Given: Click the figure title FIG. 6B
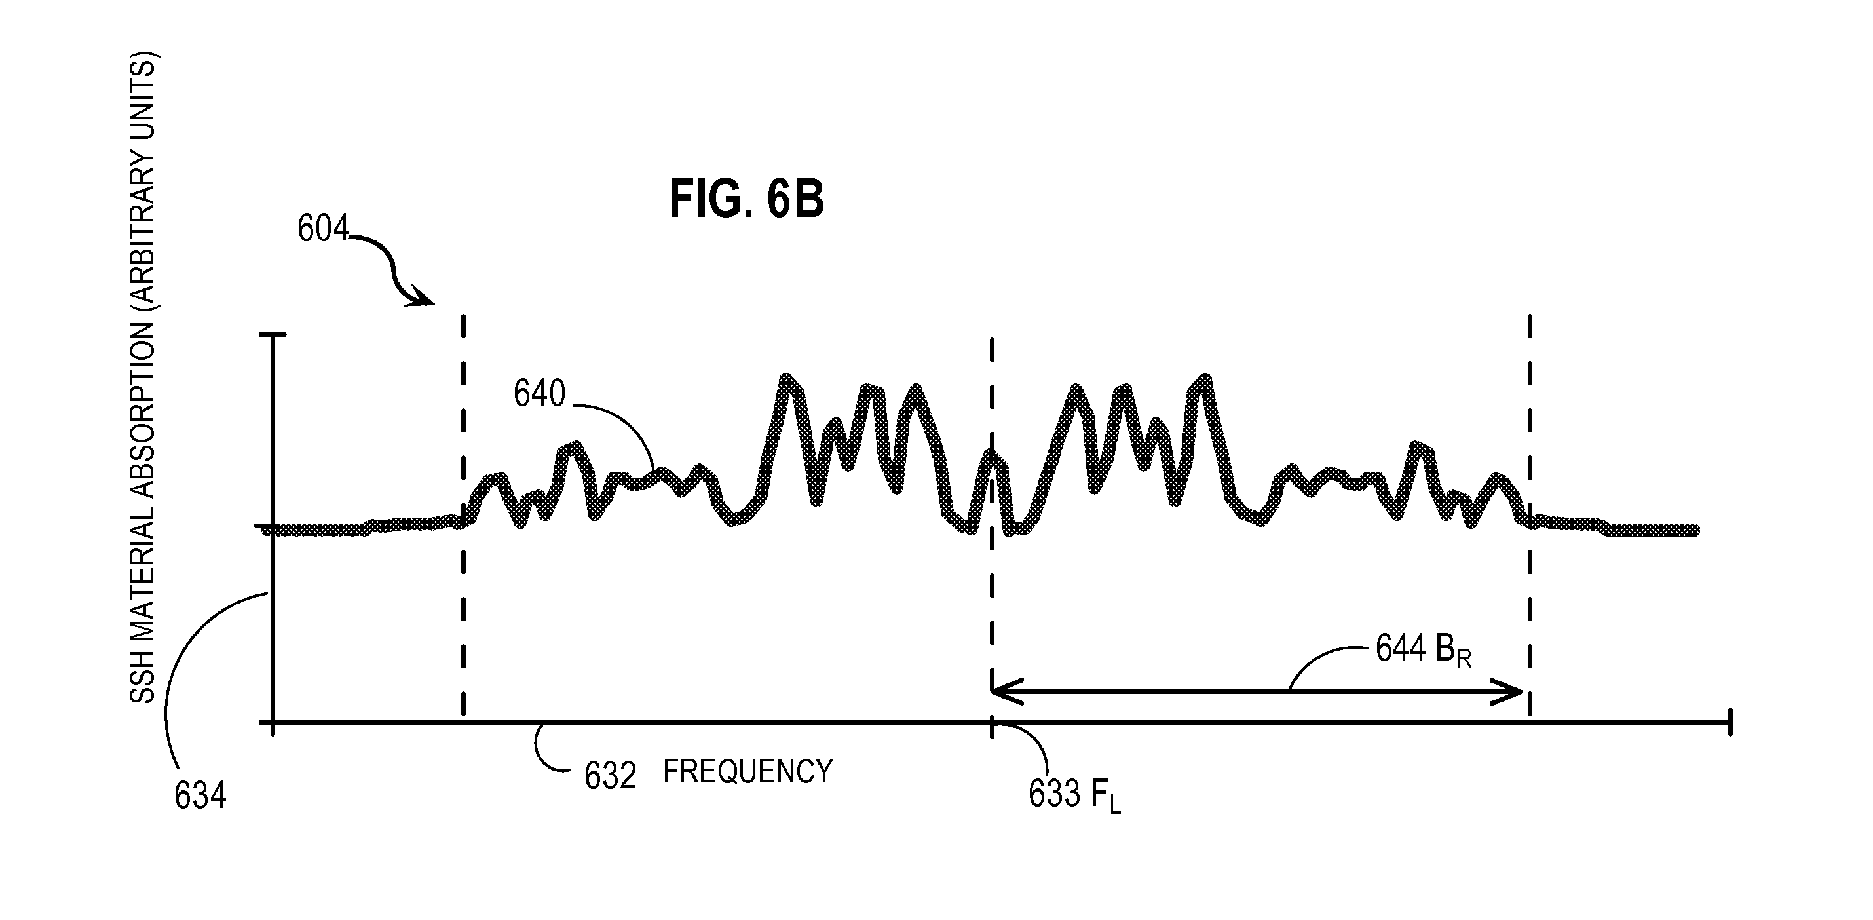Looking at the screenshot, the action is (747, 199).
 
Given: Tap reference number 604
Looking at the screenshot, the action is (323, 229).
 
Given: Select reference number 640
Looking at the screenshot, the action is (539, 393).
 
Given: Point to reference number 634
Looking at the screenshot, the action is (200, 795).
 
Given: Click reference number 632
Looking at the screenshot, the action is (610, 776).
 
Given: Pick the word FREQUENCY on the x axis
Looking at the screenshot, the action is (747, 771).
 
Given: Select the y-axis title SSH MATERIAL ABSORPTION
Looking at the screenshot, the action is (143, 378).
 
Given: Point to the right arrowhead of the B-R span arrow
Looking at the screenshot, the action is (1518, 691).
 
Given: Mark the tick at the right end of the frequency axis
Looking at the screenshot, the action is (1730, 722).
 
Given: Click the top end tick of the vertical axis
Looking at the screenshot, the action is (273, 335).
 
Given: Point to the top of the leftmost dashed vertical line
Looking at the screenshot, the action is (463, 317).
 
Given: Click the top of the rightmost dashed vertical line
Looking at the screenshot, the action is (1530, 317).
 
